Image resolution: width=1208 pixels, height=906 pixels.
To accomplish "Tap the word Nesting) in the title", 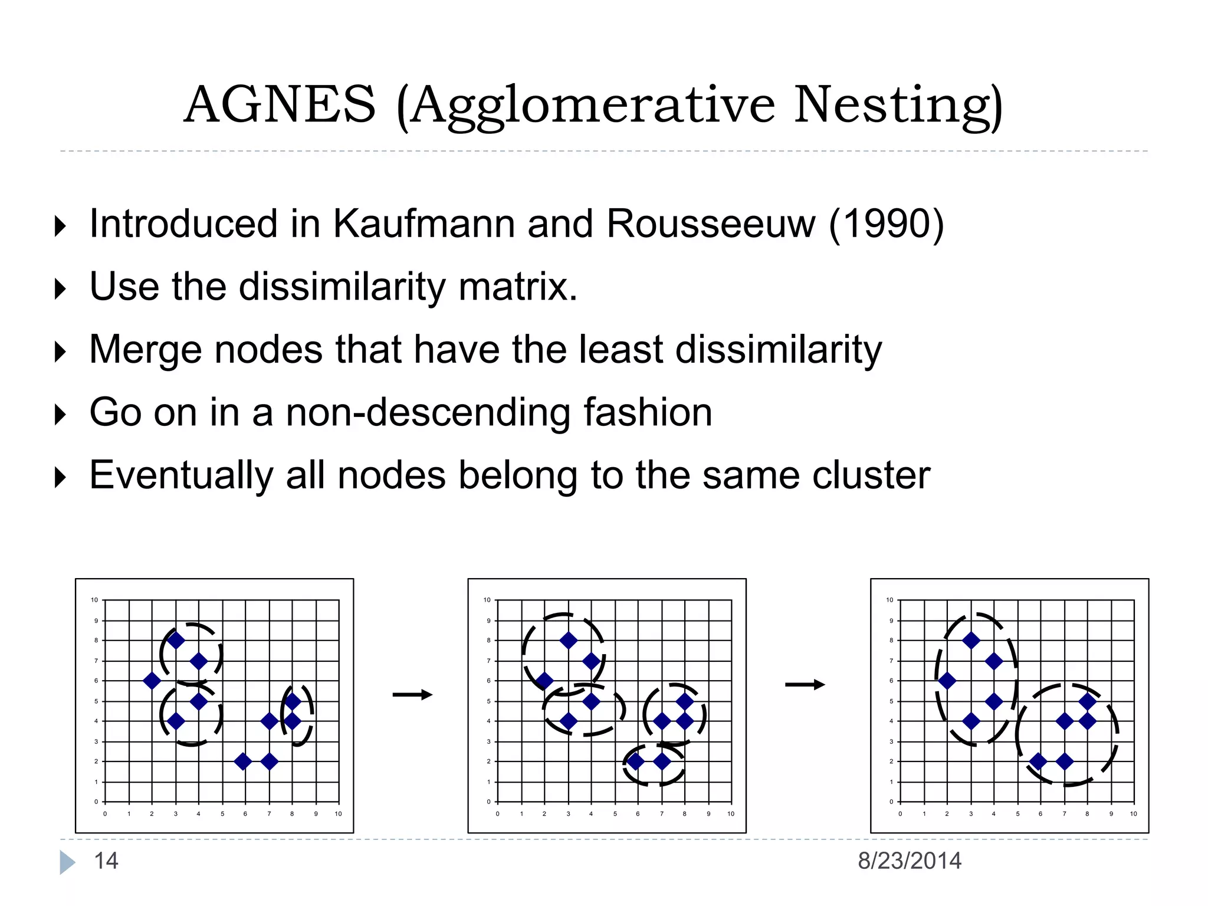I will tap(898, 106).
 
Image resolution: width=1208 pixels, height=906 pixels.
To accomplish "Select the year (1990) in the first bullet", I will tap(886, 224).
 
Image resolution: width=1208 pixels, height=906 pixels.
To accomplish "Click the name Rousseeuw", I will tap(711, 224).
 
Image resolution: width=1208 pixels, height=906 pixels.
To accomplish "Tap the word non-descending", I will tap(428, 412).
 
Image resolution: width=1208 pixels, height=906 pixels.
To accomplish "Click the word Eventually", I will tap(181, 475).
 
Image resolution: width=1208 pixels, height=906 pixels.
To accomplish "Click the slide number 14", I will tap(106, 861).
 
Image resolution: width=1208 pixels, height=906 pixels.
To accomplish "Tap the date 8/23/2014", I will tap(909, 861).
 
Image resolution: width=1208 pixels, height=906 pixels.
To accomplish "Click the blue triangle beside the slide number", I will tap(67, 862).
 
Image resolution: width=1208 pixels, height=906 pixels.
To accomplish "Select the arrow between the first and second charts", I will tap(412, 695).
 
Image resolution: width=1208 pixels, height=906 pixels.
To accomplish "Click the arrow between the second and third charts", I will tap(805, 685).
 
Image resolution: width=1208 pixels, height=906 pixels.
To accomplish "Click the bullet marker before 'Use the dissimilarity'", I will tap(60, 289).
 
